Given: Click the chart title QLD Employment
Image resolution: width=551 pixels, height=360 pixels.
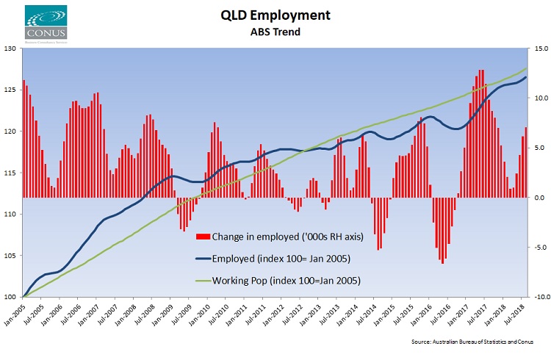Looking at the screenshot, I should [275, 15].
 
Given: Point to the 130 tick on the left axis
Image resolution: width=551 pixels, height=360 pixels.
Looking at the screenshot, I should [11, 48].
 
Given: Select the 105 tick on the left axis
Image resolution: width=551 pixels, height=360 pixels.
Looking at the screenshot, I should [11, 256].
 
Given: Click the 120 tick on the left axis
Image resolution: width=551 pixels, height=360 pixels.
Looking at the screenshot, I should [11, 132].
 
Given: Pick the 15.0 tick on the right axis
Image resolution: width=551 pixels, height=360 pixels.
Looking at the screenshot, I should [539, 48].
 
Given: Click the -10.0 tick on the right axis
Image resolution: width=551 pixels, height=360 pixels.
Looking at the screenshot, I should [538, 297].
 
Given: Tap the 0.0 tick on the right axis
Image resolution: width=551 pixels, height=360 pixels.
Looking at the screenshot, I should [539, 198].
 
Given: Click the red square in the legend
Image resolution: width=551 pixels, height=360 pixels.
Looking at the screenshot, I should [204, 237].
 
